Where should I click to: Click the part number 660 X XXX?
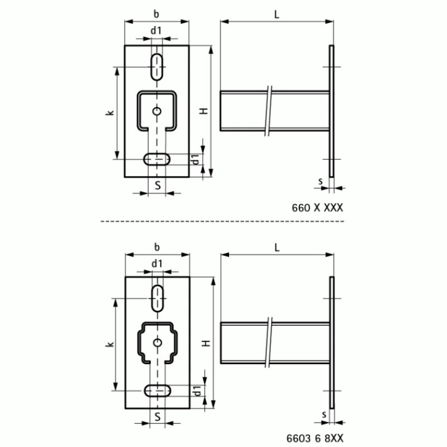click(317, 208)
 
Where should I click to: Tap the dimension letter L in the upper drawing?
click(277, 15)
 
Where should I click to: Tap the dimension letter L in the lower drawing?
click(277, 246)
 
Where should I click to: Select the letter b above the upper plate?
click(156, 14)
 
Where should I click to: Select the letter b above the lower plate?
click(156, 246)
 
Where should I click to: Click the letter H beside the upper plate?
click(205, 111)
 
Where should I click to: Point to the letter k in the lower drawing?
click(110, 344)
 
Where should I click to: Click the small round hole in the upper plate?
click(157, 111)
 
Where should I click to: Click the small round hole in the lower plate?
click(158, 342)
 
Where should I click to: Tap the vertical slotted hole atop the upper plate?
click(157, 66)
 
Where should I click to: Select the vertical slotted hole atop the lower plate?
click(158, 298)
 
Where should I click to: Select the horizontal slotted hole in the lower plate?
click(159, 390)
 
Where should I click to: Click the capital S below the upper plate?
click(159, 185)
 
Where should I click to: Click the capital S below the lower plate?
click(159, 416)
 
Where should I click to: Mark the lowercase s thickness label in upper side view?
click(320, 181)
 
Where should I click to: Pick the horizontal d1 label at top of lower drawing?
click(156, 263)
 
